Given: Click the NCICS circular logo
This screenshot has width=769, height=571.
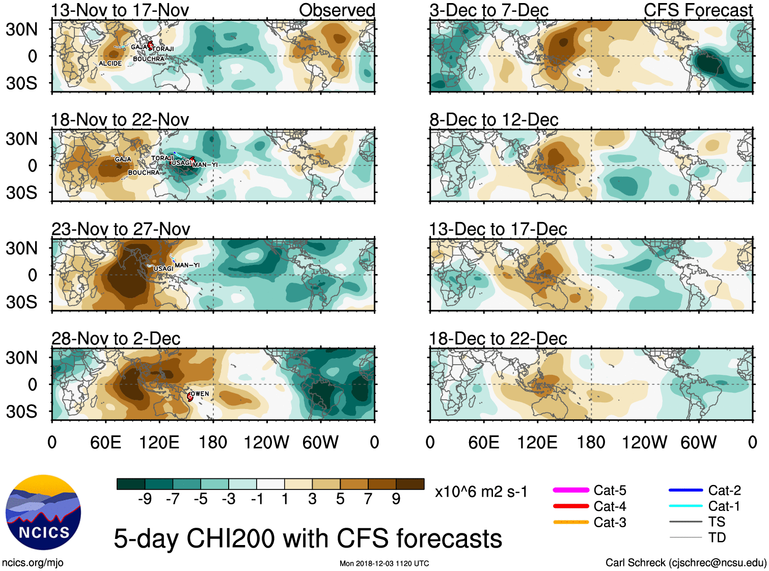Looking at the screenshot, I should point(43,512).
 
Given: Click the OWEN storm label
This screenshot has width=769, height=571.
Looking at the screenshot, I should point(200,394).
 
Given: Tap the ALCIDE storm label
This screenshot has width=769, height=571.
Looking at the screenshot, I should point(110,64).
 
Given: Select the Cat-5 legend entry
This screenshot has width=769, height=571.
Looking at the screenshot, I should point(591,491).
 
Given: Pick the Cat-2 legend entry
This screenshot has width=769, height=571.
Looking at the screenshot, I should point(705,491).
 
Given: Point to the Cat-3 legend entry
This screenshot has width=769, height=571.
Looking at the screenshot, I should point(591,522).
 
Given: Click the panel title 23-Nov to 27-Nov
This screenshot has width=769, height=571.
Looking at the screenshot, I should point(121,229).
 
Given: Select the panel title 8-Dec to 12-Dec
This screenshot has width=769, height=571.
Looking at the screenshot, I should point(493,120).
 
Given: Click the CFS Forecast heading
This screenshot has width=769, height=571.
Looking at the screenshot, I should point(698,10).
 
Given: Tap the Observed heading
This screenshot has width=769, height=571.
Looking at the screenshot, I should point(337,10).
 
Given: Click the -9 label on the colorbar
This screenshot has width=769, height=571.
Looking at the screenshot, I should point(145,499).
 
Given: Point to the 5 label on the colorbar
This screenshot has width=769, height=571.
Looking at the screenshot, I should point(340,499).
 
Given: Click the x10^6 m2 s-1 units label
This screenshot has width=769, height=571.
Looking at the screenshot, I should point(481,492).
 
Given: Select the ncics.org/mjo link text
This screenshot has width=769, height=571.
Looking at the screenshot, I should point(33,562).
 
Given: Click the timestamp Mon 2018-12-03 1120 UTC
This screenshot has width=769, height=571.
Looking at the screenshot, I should point(384,563).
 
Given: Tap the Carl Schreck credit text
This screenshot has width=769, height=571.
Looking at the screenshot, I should point(685,562).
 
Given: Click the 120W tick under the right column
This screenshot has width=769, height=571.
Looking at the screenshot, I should point(644,442).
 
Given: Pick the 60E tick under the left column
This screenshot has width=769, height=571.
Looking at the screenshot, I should point(105,442).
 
